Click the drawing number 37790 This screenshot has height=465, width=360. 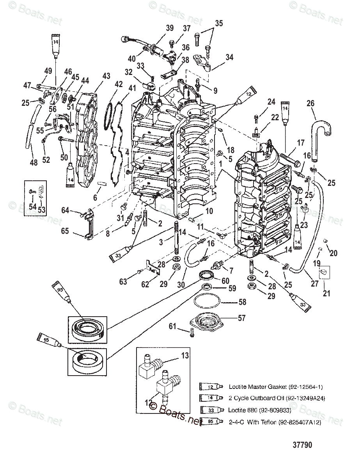point(302,445)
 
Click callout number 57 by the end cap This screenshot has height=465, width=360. point(242,318)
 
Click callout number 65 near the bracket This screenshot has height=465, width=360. point(65,231)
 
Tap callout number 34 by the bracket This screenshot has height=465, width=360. point(229,57)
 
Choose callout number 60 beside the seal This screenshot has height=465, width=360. point(225,281)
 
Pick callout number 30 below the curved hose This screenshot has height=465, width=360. point(181,285)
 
